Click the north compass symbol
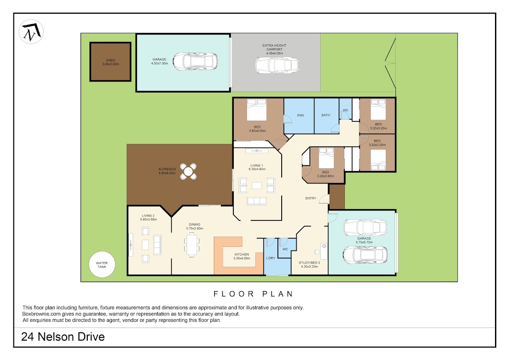(31, 31)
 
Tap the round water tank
(102, 264)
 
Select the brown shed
(110, 62)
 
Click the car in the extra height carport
(277, 65)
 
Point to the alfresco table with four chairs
(188, 172)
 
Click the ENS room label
(300, 115)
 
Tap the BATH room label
(326, 115)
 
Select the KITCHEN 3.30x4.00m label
(241, 256)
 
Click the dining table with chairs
(192, 245)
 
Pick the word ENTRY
(310, 198)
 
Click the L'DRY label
(271, 258)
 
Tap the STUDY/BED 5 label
(309, 263)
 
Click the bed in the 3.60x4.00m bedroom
(257, 110)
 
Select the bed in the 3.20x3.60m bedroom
(326, 158)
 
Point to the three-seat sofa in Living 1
(257, 201)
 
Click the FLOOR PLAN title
(253, 294)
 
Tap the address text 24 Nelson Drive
(63, 337)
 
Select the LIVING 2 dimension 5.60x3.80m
(148, 219)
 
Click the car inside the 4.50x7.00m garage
(195, 62)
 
